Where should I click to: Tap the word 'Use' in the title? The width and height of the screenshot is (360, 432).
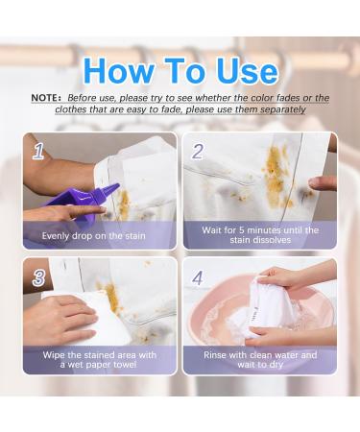(247, 71)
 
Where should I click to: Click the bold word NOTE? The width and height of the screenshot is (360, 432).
(45, 98)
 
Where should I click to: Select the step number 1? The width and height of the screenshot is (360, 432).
(38, 152)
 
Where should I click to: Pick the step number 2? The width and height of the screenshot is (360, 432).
(197, 152)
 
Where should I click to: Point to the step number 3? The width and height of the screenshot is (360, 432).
(38, 277)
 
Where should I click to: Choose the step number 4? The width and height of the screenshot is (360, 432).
(197, 277)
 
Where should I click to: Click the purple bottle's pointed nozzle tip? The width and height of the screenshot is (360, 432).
(118, 184)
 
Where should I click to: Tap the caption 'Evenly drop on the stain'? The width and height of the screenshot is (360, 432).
(94, 236)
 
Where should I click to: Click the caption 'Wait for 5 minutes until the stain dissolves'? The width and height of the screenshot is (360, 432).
(260, 235)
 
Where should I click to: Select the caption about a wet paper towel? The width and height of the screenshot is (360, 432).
(100, 360)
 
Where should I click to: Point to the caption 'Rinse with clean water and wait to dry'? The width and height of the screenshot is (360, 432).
(260, 360)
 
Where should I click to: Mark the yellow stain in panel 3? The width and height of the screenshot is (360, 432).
(112, 298)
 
